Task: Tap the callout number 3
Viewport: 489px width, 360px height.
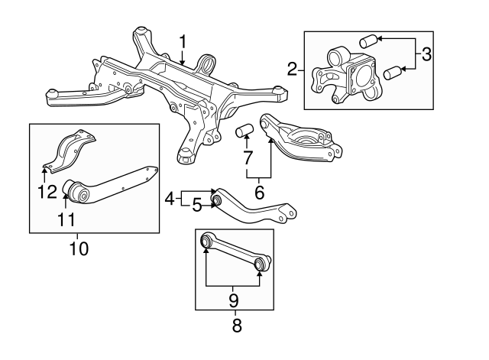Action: click(x=428, y=55)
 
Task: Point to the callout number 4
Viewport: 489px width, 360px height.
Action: click(x=169, y=200)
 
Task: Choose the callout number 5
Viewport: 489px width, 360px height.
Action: click(x=196, y=205)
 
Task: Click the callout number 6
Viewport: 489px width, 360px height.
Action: click(x=259, y=193)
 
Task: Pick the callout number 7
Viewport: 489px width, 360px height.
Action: click(x=247, y=160)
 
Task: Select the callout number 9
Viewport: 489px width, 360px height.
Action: click(x=235, y=299)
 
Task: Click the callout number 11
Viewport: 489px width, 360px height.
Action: click(x=67, y=220)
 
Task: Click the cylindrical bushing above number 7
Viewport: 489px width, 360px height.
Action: click(x=245, y=128)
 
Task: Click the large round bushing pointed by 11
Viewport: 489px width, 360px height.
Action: click(x=76, y=189)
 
